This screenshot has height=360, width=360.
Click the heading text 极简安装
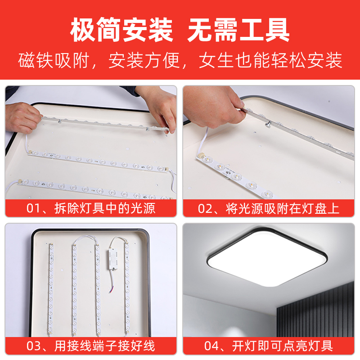pyautogui.click(x=121, y=31)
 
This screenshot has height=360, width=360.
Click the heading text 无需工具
pyautogui.click(x=238, y=31)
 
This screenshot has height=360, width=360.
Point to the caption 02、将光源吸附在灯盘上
pyautogui.click(x=269, y=209)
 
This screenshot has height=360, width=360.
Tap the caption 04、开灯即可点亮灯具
pyautogui.click(x=269, y=346)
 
